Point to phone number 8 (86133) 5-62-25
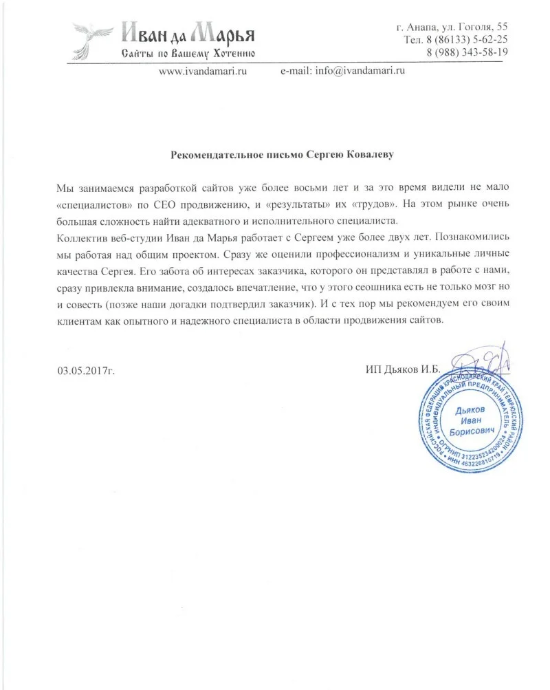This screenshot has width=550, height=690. (456, 39)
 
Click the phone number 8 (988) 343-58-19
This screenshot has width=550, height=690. (467, 52)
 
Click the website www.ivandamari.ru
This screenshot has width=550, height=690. (203, 70)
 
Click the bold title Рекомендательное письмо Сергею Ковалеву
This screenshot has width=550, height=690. (283, 155)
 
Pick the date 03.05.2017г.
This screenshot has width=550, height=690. (86, 369)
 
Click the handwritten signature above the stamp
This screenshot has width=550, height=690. (481, 359)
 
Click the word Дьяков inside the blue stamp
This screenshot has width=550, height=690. (470, 409)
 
